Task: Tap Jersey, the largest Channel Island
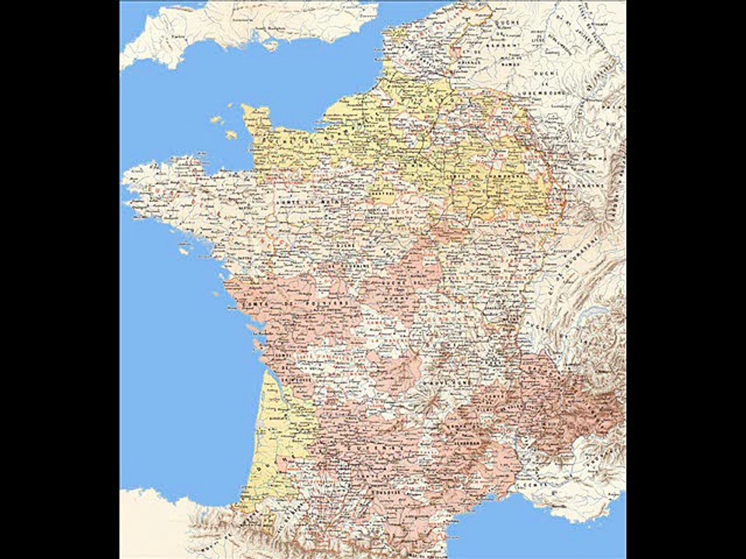pyautogui.click(x=231, y=134)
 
